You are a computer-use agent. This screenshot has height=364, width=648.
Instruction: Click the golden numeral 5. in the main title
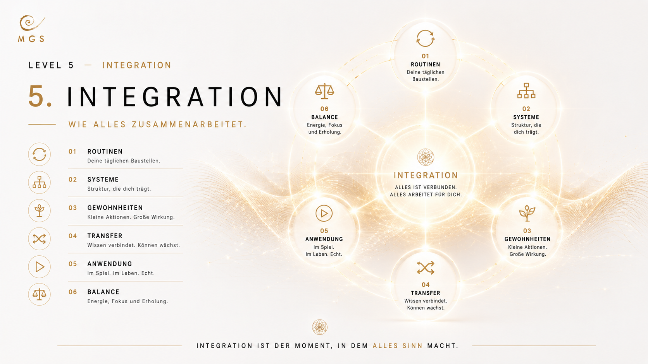40,96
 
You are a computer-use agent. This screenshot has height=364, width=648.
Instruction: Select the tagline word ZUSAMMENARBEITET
189,125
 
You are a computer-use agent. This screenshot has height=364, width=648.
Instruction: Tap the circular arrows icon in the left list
40,154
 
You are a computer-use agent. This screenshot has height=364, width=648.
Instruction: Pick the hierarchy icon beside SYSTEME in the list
40,183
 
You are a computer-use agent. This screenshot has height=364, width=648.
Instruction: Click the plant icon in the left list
40,210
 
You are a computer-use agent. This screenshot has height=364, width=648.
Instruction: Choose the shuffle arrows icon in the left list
40,239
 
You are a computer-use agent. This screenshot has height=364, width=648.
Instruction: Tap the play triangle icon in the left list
40,267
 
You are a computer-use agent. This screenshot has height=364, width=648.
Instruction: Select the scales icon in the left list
40,295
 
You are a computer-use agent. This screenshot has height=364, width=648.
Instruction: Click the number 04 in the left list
72,236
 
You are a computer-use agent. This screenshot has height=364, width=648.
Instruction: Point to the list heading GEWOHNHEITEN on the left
115,208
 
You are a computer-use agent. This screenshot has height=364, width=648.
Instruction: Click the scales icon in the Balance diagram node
324,91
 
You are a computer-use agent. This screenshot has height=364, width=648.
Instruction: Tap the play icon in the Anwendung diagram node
324,213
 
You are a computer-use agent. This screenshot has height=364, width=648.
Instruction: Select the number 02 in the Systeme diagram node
526,109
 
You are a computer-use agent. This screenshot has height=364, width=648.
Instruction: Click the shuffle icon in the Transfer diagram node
426,268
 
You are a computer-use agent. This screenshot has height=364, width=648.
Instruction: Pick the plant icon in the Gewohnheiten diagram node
527,213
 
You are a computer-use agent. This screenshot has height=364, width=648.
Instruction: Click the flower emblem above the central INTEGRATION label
426,157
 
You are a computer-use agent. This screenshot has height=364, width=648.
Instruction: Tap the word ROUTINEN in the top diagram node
426,65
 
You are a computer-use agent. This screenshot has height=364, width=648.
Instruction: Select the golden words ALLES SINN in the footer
398,346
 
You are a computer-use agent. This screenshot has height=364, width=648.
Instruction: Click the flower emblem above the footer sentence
320,327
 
